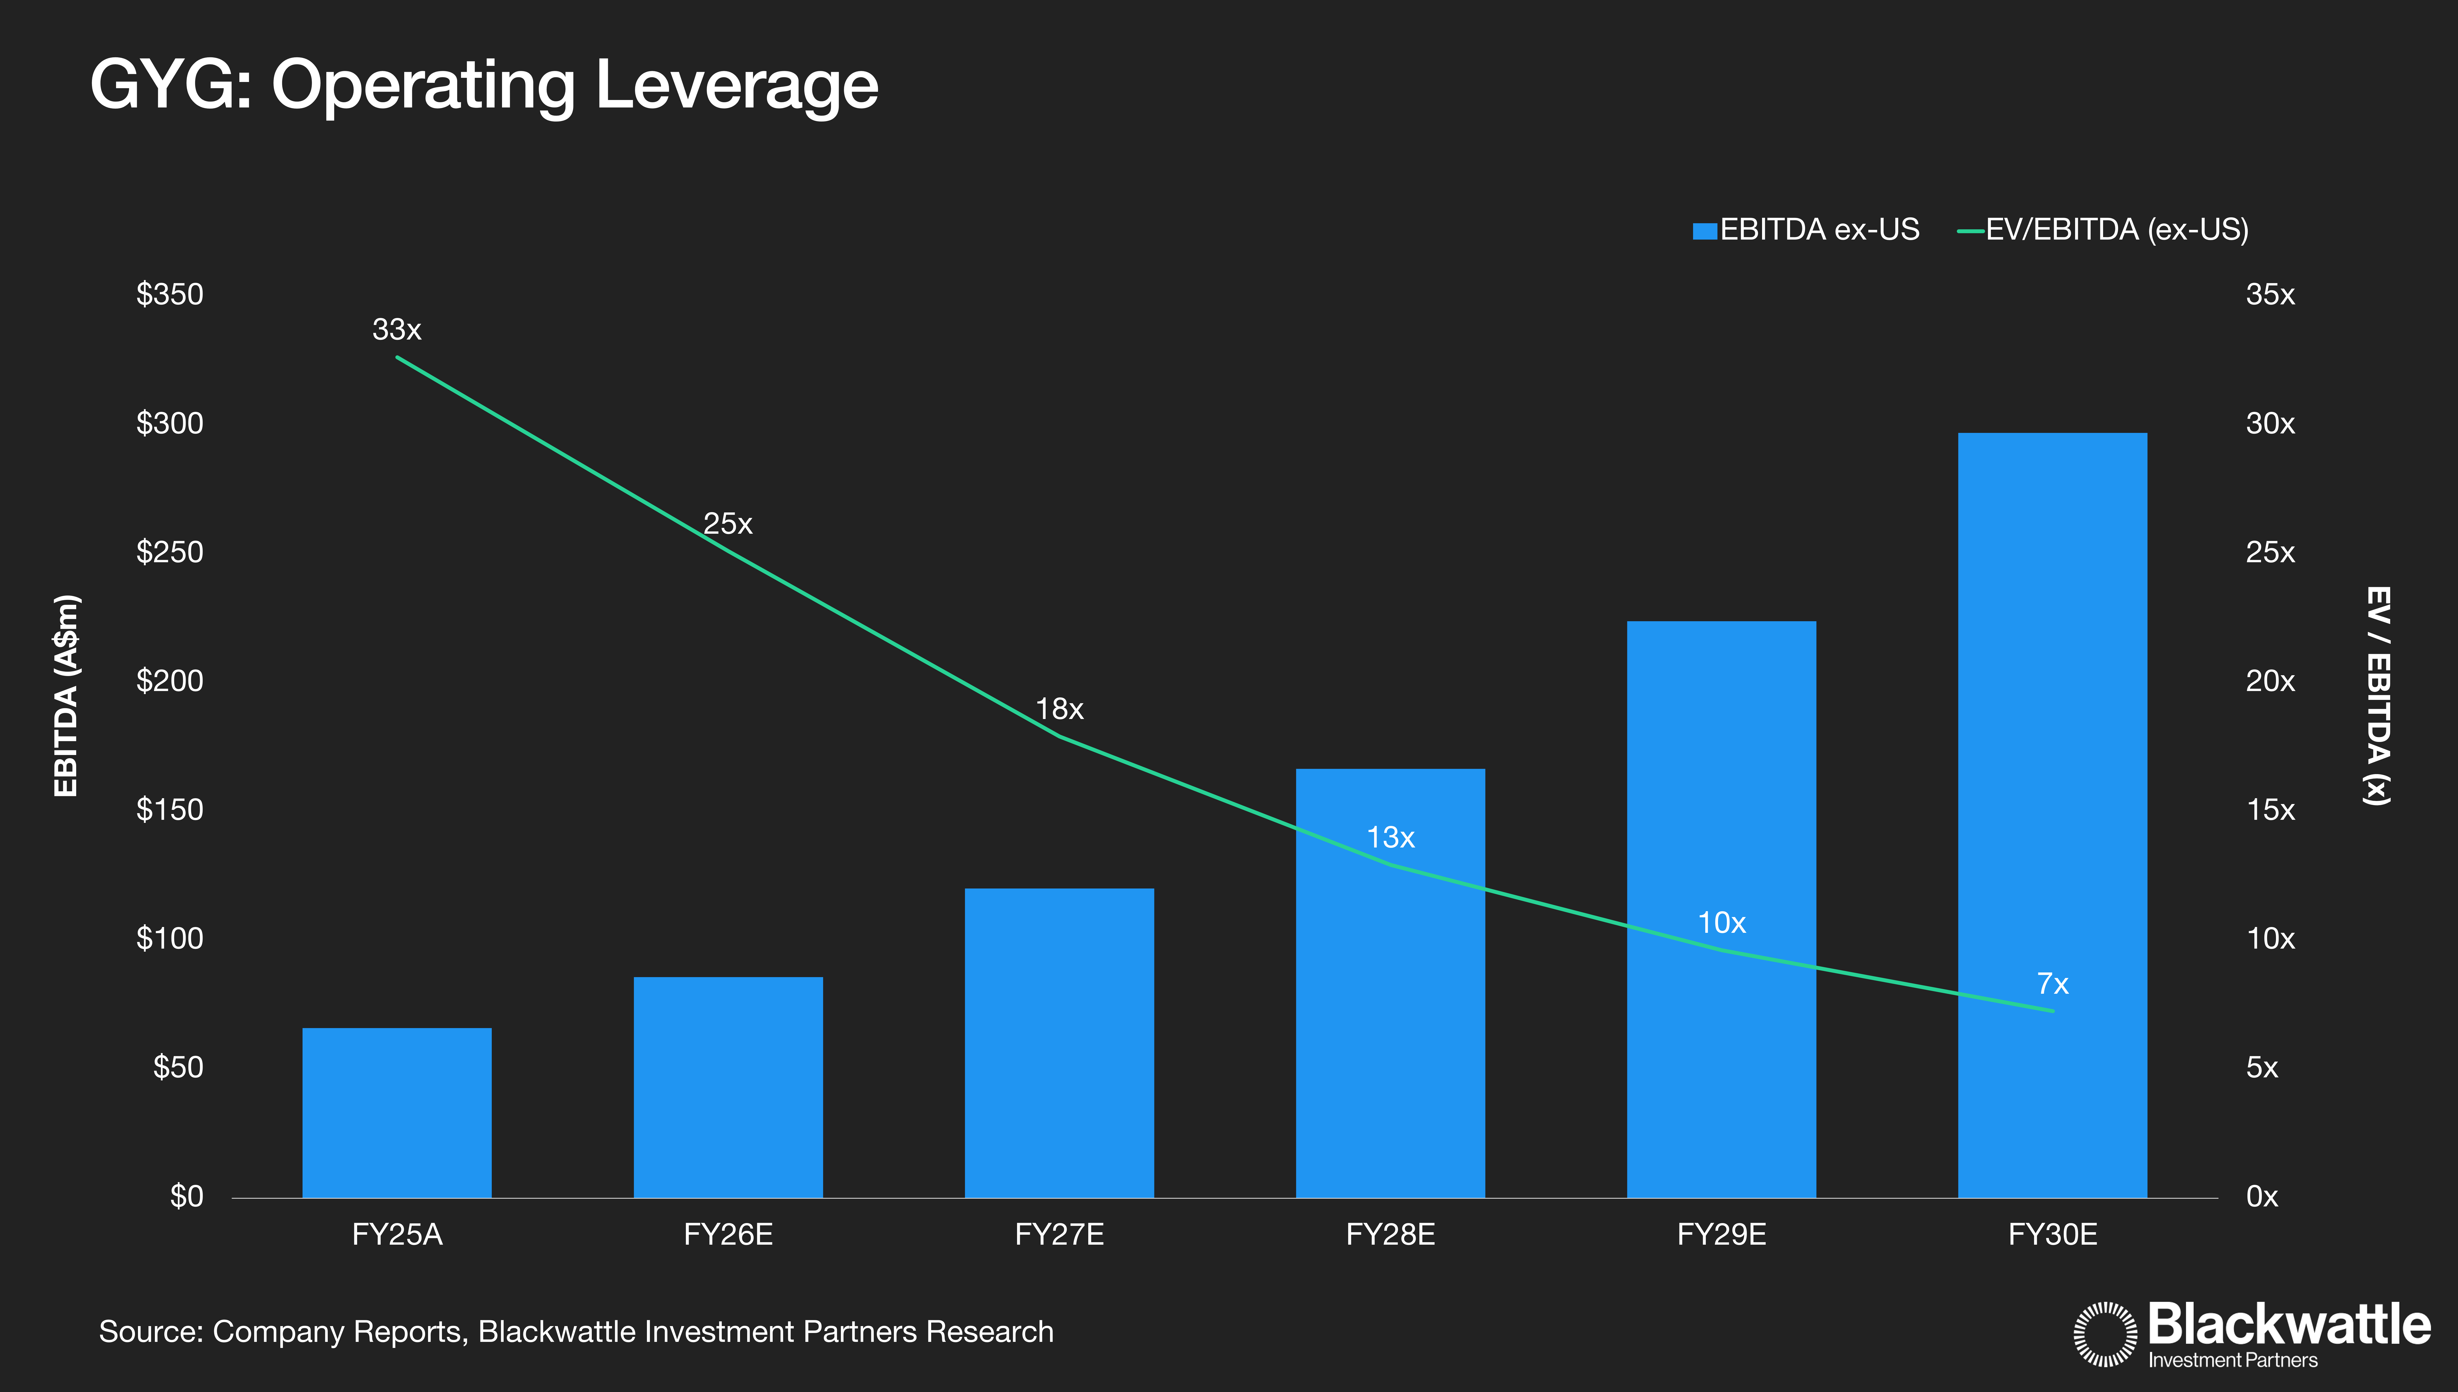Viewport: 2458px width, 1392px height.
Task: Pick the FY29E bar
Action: (x=1721, y=908)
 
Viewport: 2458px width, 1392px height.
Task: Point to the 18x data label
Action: (x=1059, y=709)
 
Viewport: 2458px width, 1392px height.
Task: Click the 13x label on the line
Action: (x=1390, y=838)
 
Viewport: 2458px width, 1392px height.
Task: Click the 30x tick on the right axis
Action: (x=2270, y=423)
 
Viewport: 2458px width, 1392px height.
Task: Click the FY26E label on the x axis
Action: (x=728, y=1235)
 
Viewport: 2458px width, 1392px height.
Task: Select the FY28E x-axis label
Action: (x=1390, y=1235)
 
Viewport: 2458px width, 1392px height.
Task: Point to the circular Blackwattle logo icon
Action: (x=2104, y=1334)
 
